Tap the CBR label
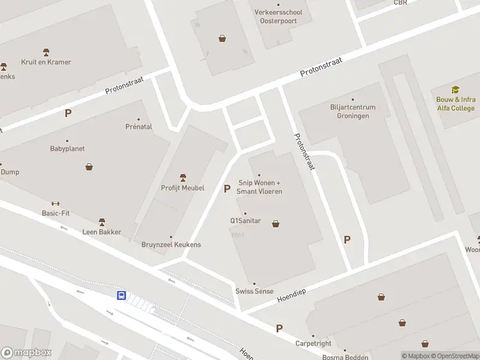400,2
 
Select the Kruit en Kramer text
46,62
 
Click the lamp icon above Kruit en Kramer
46,53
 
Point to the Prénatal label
139,127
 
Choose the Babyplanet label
67,149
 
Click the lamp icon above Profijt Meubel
183,178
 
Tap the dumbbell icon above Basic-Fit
56,203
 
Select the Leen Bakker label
102,232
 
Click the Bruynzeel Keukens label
171,245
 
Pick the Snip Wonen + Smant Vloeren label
260,187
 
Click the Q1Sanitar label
245,221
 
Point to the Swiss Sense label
254,292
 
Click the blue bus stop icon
121,295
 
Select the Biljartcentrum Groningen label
353,112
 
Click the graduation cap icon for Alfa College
455,90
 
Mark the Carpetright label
313,344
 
